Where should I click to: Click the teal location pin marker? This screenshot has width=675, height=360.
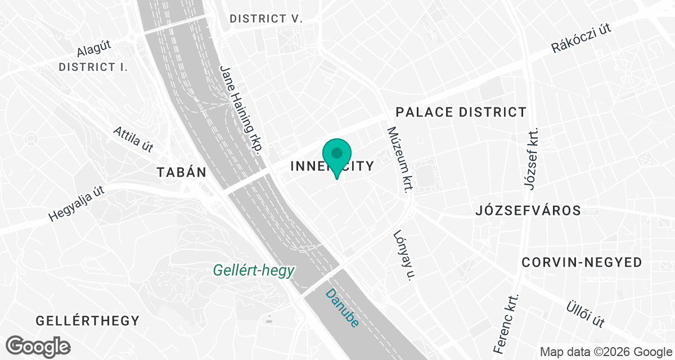[337, 156]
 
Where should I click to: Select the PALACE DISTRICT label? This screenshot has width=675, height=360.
[461, 112]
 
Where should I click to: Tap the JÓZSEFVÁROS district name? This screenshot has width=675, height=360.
[528, 211]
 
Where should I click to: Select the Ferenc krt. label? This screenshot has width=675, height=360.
[507, 323]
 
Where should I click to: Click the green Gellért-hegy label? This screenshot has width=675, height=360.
[253, 271]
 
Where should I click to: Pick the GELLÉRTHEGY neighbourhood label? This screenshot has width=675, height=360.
[87, 321]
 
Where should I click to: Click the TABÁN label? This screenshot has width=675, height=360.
[182, 172]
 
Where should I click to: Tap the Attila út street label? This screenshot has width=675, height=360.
[133, 139]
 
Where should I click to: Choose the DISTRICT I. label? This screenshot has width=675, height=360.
[93, 67]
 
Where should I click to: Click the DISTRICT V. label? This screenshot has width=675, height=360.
[266, 19]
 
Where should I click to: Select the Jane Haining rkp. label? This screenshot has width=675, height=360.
[241, 109]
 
